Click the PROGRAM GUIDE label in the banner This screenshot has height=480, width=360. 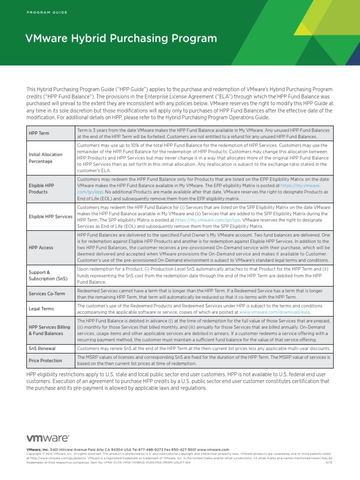pos(47,12)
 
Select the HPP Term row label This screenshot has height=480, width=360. pos(39,133)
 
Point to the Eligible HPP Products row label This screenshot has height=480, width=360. pos(41,188)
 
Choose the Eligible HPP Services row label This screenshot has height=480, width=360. pos(50,216)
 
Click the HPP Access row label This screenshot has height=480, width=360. pos(41,247)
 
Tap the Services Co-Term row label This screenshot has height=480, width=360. pos(47,294)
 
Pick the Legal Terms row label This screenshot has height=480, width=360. pos(41,309)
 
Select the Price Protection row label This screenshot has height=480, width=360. pos(45,360)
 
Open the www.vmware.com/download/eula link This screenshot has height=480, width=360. pos(275,312)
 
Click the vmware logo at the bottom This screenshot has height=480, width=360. pos(48,439)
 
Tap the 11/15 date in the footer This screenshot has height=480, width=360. pos(329,462)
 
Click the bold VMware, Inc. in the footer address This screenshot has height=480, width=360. pos(37,450)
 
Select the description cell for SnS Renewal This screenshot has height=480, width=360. pos(204,349)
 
